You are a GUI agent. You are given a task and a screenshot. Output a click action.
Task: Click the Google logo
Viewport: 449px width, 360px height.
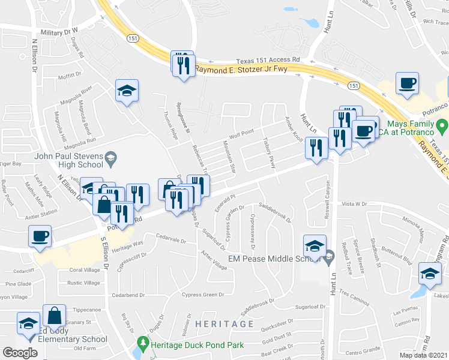click(20, 352)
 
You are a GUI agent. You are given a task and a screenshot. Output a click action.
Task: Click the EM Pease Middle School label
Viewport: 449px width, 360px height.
click(274, 259)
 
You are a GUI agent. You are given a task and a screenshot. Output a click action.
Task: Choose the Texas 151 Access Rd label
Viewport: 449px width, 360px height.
click(268, 60)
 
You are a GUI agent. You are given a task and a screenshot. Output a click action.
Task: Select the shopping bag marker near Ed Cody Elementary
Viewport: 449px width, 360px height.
click(54, 316)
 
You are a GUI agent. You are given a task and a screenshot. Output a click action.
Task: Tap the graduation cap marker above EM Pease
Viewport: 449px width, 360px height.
click(315, 245)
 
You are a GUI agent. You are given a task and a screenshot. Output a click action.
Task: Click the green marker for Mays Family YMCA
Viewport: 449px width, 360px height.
click(442, 127)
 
